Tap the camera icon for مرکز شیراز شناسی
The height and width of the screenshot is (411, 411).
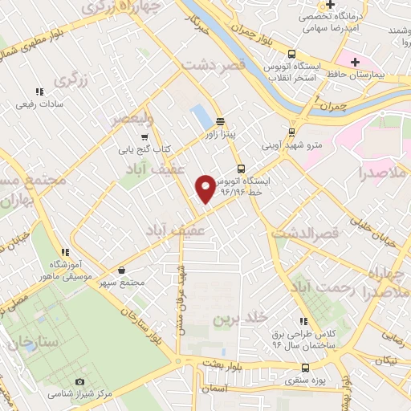[x=79, y=381]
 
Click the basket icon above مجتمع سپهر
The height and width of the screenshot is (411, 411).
[x=120, y=271]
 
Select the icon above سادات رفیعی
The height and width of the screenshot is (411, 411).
[x=39, y=92]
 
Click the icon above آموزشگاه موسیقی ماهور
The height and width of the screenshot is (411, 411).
[x=64, y=253]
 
